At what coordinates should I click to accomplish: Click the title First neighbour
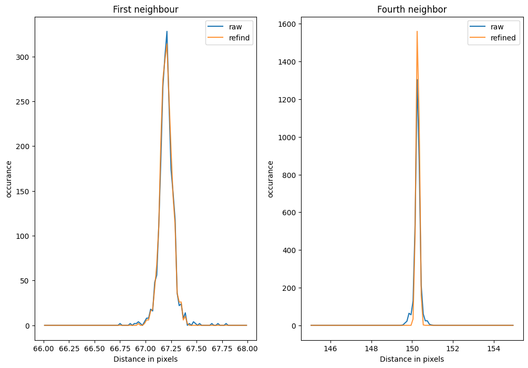pyautogui.click(x=146, y=9)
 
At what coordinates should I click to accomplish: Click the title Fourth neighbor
pyautogui.click(x=411, y=9)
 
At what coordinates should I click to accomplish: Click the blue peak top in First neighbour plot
pyautogui.click(x=167, y=31)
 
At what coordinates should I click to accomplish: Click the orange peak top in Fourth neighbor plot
pyautogui.click(x=417, y=31)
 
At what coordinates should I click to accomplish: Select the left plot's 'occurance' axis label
pyautogui.click(x=9, y=178)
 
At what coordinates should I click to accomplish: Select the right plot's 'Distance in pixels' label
pyautogui.click(x=411, y=359)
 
